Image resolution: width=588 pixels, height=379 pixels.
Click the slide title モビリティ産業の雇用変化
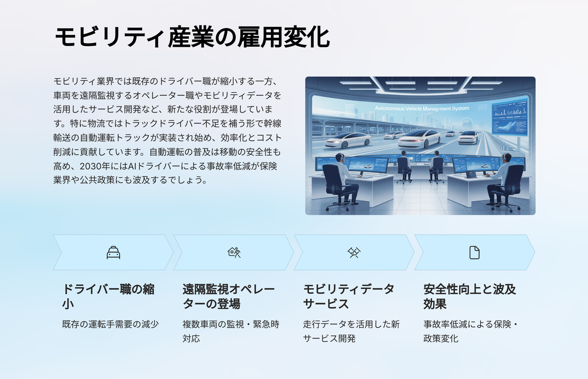pyautogui.click(x=192, y=37)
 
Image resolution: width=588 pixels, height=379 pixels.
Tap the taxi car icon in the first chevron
pyautogui.click(x=113, y=252)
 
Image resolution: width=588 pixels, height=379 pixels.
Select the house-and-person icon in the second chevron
pyautogui.click(x=234, y=252)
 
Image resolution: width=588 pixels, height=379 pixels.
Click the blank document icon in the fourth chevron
pyautogui.click(x=474, y=252)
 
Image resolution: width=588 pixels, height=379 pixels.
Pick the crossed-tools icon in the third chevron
pyautogui.click(x=354, y=252)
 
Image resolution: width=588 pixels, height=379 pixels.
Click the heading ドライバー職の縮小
pyautogui.click(x=108, y=297)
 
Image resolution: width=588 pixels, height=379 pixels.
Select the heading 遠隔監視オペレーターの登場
pyautogui.click(x=229, y=297)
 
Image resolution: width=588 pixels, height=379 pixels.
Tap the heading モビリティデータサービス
pyautogui.click(x=349, y=297)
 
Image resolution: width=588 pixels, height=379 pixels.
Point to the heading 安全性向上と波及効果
pyautogui.click(x=469, y=297)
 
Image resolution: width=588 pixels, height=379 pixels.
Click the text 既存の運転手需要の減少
pyautogui.click(x=110, y=324)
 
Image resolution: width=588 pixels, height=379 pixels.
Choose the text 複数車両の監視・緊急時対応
pyautogui.click(x=231, y=331)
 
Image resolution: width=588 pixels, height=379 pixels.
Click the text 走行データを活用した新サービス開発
pyautogui.click(x=351, y=331)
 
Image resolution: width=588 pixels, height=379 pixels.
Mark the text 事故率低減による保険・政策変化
pyautogui.click(x=471, y=331)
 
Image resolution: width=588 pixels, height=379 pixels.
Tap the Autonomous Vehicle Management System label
pyautogui.click(x=422, y=108)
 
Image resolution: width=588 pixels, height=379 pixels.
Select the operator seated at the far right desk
pyautogui.click(x=503, y=182)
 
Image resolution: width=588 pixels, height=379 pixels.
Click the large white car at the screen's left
pyautogui.click(x=348, y=140)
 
